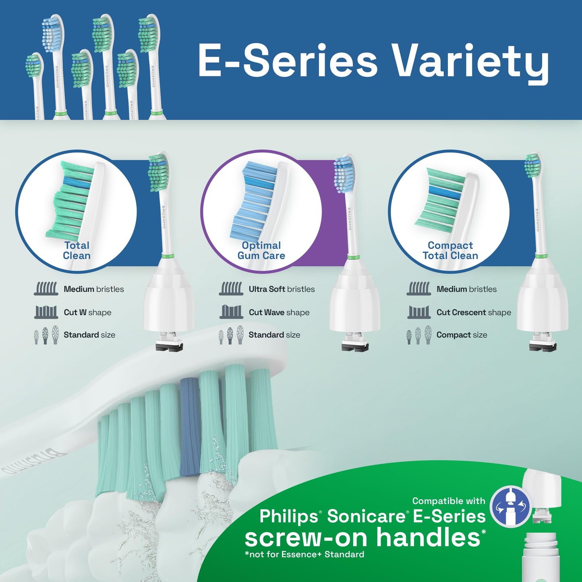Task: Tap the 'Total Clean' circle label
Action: (77, 251)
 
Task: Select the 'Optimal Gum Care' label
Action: (261, 251)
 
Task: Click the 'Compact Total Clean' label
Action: (450, 251)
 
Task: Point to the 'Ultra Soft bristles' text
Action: (282, 289)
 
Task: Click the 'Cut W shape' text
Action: (87, 313)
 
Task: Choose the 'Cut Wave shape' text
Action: (279, 313)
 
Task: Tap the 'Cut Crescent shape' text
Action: (474, 313)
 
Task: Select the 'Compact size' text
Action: (462, 335)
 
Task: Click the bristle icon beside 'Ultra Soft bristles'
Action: (231, 289)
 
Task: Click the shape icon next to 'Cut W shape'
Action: (46, 312)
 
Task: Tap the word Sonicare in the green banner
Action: (366, 516)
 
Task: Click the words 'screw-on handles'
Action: (362, 537)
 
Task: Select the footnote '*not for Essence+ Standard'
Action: (304, 555)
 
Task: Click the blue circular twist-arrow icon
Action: (510, 506)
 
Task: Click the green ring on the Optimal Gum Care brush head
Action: (353, 257)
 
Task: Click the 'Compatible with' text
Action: (449, 501)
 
